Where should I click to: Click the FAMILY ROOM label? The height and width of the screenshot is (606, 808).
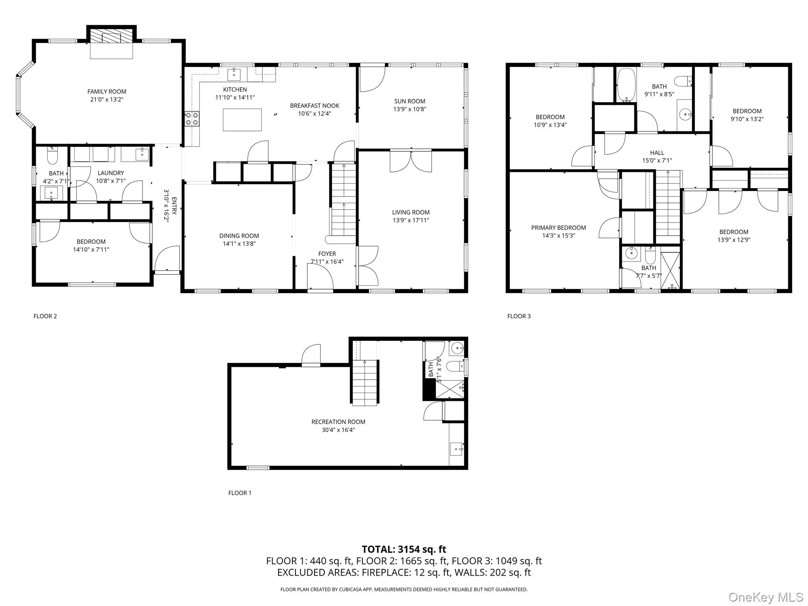click(x=107, y=92)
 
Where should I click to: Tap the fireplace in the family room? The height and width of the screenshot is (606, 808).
click(x=111, y=38)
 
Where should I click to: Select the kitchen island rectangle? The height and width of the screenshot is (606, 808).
click(x=242, y=120)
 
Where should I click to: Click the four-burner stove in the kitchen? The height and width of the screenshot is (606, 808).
click(x=192, y=119)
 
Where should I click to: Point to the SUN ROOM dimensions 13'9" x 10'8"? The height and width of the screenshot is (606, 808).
click(x=410, y=109)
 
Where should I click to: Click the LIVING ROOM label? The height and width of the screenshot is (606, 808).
click(x=410, y=212)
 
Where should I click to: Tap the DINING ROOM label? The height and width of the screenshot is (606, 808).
click(x=239, y=236)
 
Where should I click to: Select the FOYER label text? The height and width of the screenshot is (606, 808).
click(x=327, y=254)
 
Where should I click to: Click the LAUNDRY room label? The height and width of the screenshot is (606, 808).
click(x=110, y=173)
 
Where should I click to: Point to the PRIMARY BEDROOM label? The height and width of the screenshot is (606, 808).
click(x=558, y=228)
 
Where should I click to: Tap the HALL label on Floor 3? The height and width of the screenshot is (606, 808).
click(x=657, y=153)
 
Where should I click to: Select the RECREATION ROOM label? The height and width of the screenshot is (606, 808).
click(x=338, y=422)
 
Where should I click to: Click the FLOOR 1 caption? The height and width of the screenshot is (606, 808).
click(x=239, y=493)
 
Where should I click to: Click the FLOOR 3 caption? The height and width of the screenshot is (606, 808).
click(x=519, y=316)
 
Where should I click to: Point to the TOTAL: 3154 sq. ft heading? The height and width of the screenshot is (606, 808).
click(x=404, y=549)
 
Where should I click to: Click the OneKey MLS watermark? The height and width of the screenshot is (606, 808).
click(x=765, y=597)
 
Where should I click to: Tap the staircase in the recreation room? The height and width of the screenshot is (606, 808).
click(x=365, y=383)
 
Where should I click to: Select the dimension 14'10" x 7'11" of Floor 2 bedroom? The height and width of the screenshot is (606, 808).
click(x=91, y=249)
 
